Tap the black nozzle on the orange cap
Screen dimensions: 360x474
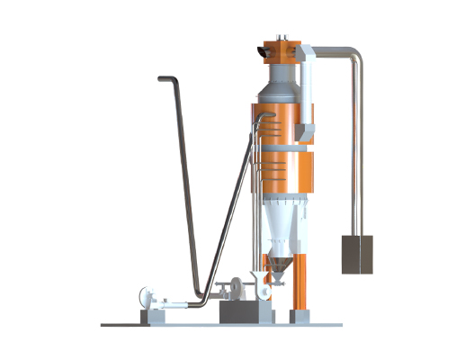(x=262, y=53)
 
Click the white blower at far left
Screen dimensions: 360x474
(x=145, y=298)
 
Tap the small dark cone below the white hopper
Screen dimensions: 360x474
(x=281, y=266)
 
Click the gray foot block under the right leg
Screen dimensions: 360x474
(x=300, y=315)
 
